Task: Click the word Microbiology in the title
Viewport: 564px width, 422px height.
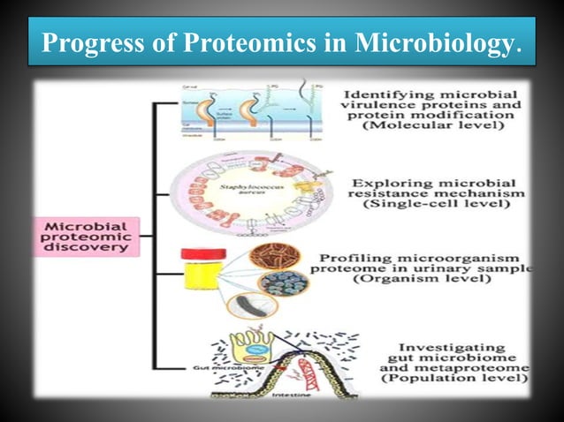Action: [x=438, y=43]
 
